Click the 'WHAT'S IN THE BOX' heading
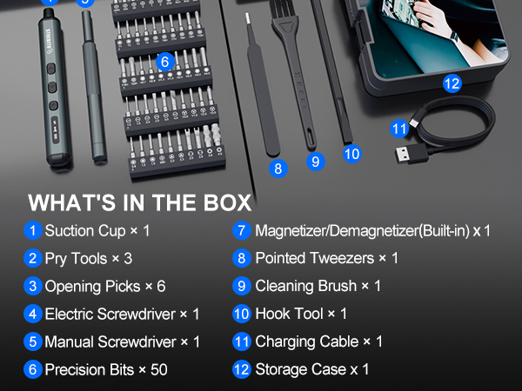(139, 203)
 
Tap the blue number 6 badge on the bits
(164, 62)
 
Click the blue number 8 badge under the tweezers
(278, 169)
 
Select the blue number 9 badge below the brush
(315, 161)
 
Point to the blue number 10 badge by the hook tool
(351, 154)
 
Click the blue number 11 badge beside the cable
(399, 129)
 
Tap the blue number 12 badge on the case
(452, 84)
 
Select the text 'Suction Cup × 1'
(97, 231)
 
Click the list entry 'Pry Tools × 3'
(88, 259)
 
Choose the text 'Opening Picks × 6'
(104, 286)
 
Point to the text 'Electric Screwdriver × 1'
(122, 314)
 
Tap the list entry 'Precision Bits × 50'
(106, 369)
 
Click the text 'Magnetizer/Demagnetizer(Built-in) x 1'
(372, 231)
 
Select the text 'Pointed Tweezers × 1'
(326, 259)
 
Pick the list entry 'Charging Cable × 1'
(318, 341)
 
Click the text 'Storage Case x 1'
(311, 369)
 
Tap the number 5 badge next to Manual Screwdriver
(33, 341)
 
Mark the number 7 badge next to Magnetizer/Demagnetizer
(242, 231)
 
